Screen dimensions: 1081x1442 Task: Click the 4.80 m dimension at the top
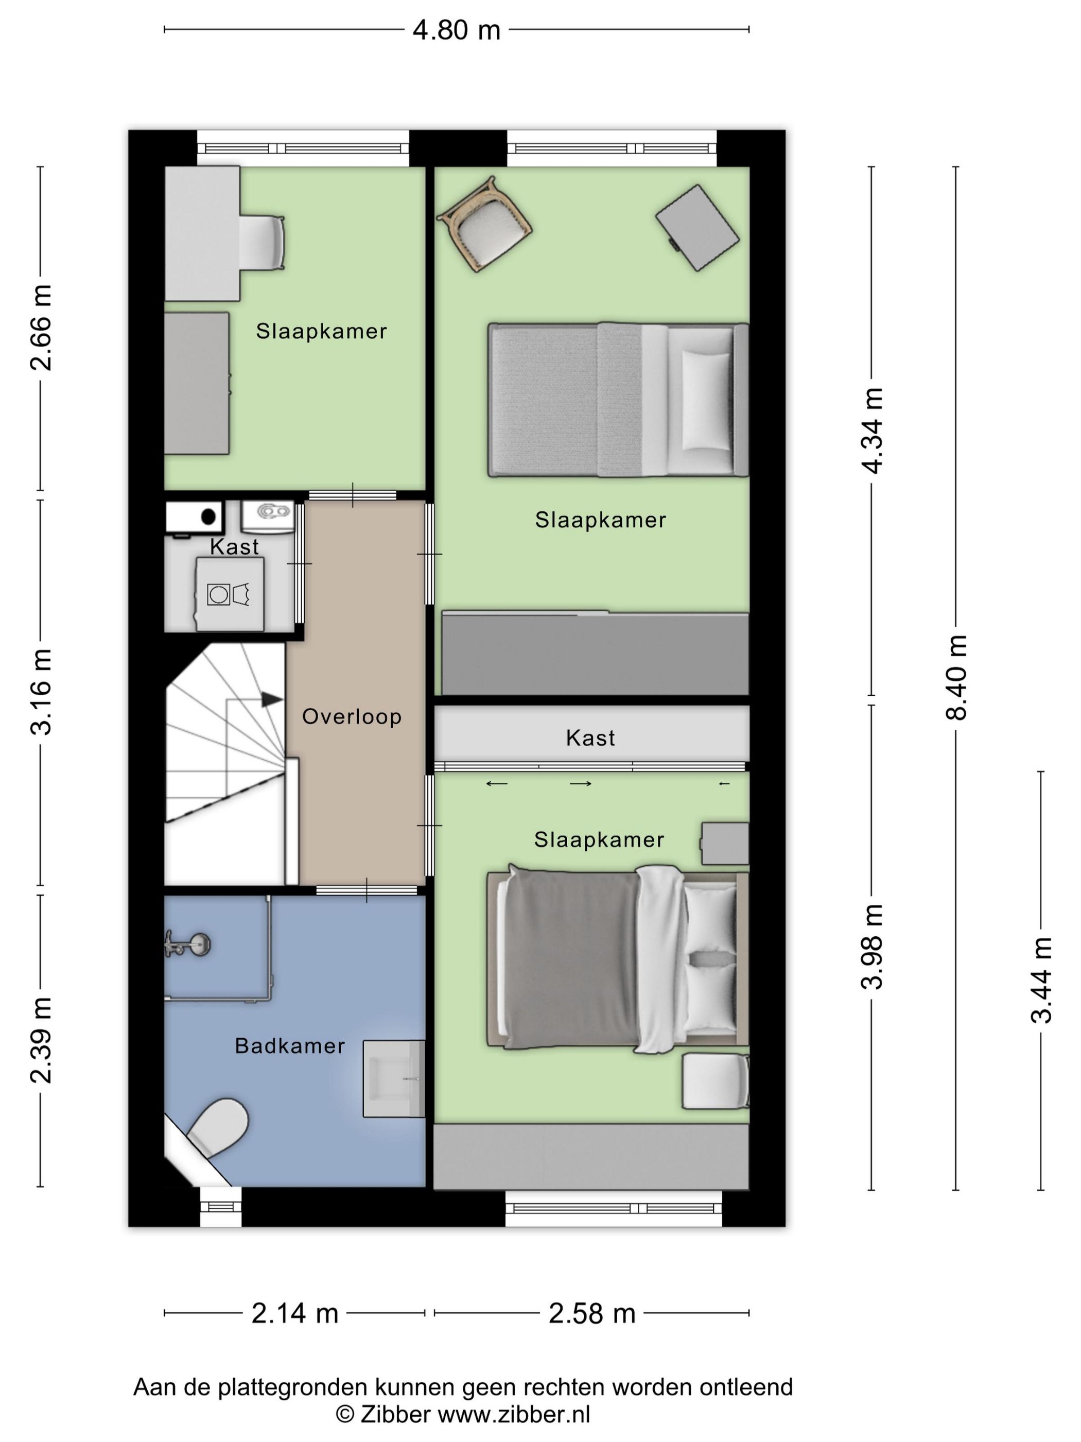point(456,30)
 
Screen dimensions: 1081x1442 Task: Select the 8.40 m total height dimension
point(956,677)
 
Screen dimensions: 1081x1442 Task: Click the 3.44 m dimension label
point(1041,980)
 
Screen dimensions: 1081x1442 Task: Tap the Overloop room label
point(352,717)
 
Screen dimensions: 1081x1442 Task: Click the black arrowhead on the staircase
point(272,699)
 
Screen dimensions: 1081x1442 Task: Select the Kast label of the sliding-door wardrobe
point(590,738)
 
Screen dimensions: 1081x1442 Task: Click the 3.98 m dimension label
point(872,947)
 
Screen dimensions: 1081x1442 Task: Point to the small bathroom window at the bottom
point(220,1206)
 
